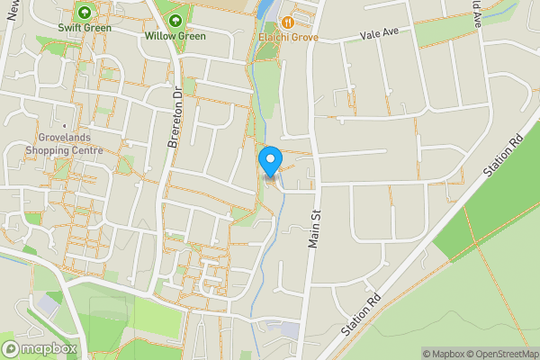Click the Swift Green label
[85, 28]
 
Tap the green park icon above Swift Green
[85, 13]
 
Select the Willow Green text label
[175, 36]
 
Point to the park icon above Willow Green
[175, 21]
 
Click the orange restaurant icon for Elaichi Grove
[287, 22]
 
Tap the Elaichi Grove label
[287, 37]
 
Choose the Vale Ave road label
[379, 32]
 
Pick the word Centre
[87, 150]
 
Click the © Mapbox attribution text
[444, 354]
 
